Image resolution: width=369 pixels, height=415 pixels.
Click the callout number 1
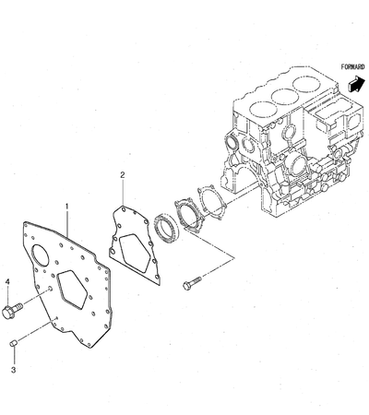(x=66, y=206)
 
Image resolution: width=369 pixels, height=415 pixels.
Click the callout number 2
(x=123, y=175)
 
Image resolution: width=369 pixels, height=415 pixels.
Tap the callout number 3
(x=13, y=370)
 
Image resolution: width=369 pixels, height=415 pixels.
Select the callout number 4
(x=7, y=281)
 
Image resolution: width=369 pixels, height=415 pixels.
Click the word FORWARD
(x=352, y=66)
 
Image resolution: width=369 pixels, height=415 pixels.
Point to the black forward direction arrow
(x=356, y=84)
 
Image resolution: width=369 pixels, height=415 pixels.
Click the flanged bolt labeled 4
(x=12, y=310)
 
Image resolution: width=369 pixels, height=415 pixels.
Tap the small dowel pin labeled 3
(x=13, y=343)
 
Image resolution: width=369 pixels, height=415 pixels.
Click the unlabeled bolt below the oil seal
(x=191, y=282)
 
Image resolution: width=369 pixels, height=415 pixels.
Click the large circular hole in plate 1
(x=40, y=255)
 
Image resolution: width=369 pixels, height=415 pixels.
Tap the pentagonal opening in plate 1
(x=73, y=289)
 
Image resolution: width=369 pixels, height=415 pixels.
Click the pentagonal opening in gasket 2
(x=135, y=249)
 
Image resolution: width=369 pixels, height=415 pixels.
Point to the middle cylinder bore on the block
(x=285, y=97)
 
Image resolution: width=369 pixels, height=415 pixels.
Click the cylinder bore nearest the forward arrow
(x=306, y=84)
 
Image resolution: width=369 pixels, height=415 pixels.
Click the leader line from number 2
(x=123, y=194)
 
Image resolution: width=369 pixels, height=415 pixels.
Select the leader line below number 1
(x=67, y=223)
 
